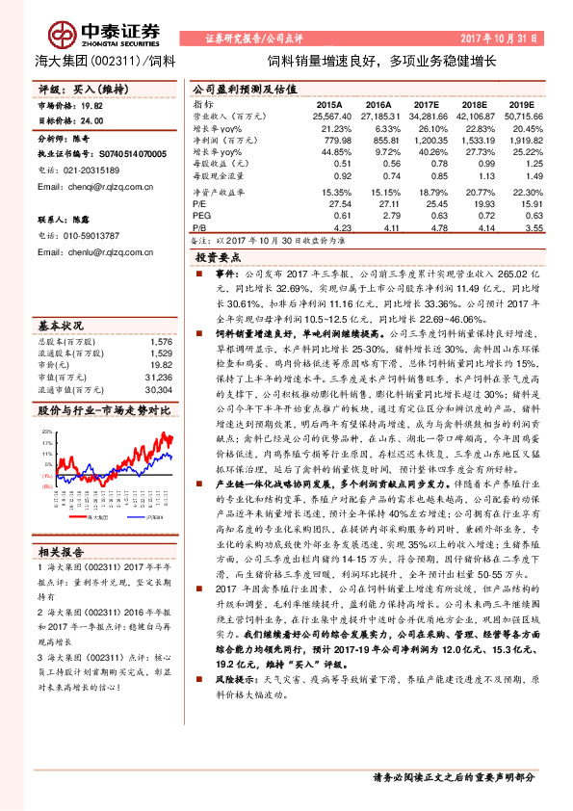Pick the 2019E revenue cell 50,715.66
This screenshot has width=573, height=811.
528,116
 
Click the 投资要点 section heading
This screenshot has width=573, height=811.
219,258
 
